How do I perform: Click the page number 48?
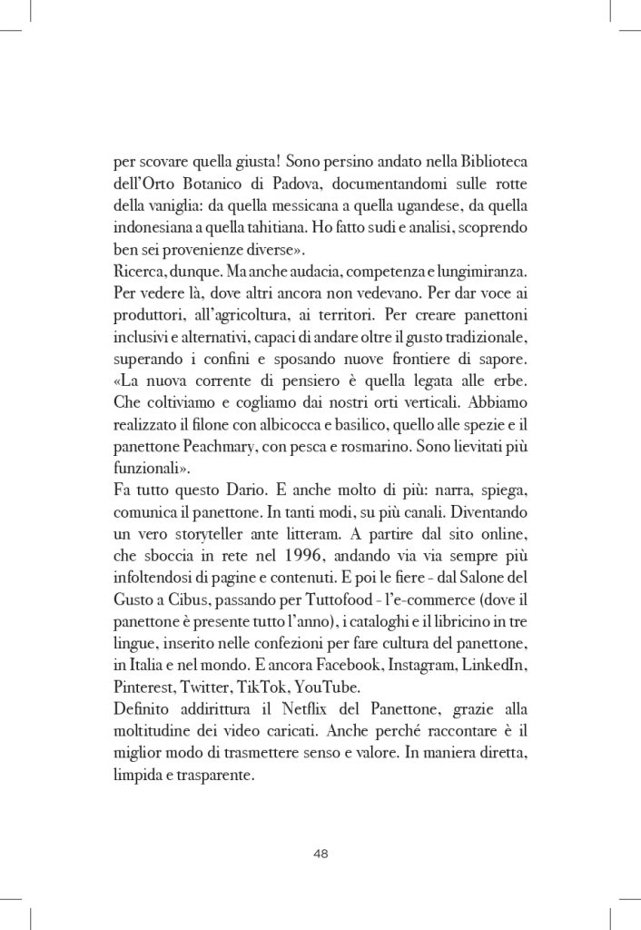click(x=320, y=852)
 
